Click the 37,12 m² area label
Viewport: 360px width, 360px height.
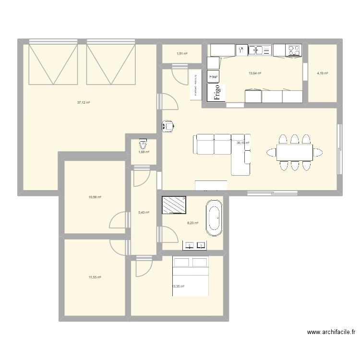(x=84, y=102)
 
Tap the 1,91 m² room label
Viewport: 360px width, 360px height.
(x=182, y=54)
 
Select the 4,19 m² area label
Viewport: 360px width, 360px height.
(x=322, y=73)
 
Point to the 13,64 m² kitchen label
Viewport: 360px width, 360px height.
(x=255, y=73)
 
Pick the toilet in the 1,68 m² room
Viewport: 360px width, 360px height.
(x=142, y=144)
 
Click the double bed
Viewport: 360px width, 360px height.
(x=191, y=276)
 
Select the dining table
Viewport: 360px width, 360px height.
(x=294, y=153)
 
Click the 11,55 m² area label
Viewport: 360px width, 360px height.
(x=95, y=277)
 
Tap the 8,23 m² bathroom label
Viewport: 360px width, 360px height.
(x=192, y=223)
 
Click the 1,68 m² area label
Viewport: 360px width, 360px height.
(x=144, y=152)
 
